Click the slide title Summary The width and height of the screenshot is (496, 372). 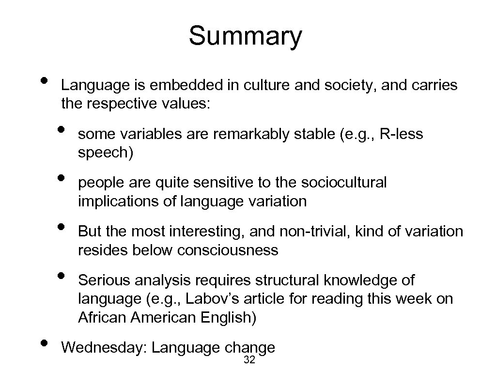[x=245, y=36]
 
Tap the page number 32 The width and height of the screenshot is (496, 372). [x=250, y=359]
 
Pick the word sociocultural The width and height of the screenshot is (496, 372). [x=344, y=183]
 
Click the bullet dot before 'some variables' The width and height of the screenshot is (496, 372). [x=61, y=129]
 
